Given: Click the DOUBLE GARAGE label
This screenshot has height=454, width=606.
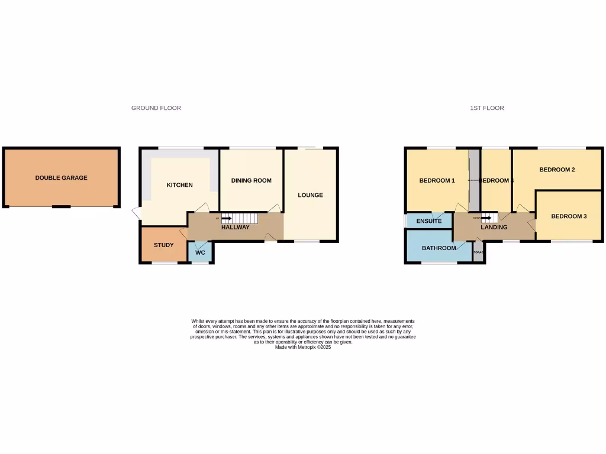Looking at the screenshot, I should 61,177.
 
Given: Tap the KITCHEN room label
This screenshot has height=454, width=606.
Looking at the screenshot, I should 179,185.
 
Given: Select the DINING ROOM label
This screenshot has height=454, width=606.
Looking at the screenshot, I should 251,180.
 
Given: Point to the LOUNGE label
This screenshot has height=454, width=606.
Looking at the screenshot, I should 310,195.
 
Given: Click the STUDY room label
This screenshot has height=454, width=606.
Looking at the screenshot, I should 163,245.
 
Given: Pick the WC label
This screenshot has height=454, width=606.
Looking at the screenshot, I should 200,252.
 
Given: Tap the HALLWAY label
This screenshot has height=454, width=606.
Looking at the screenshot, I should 235,228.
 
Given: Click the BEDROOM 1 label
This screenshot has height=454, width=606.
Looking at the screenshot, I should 437,180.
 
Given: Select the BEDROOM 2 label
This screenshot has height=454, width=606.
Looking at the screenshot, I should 557,170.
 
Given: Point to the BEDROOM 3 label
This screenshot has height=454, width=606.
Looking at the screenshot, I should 569,216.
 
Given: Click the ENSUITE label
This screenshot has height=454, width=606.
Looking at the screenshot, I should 428,221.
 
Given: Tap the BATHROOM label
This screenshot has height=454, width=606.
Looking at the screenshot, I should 439,248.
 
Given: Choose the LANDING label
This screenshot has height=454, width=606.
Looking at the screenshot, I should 494,227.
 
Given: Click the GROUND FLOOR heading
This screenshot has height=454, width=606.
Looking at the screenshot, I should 156,108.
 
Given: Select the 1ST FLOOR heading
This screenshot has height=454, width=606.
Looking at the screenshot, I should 487,108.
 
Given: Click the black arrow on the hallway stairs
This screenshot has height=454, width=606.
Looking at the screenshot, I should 226,219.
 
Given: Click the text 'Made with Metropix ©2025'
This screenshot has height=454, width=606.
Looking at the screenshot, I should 303,347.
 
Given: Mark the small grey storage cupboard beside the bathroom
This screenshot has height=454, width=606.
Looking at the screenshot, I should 479,252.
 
